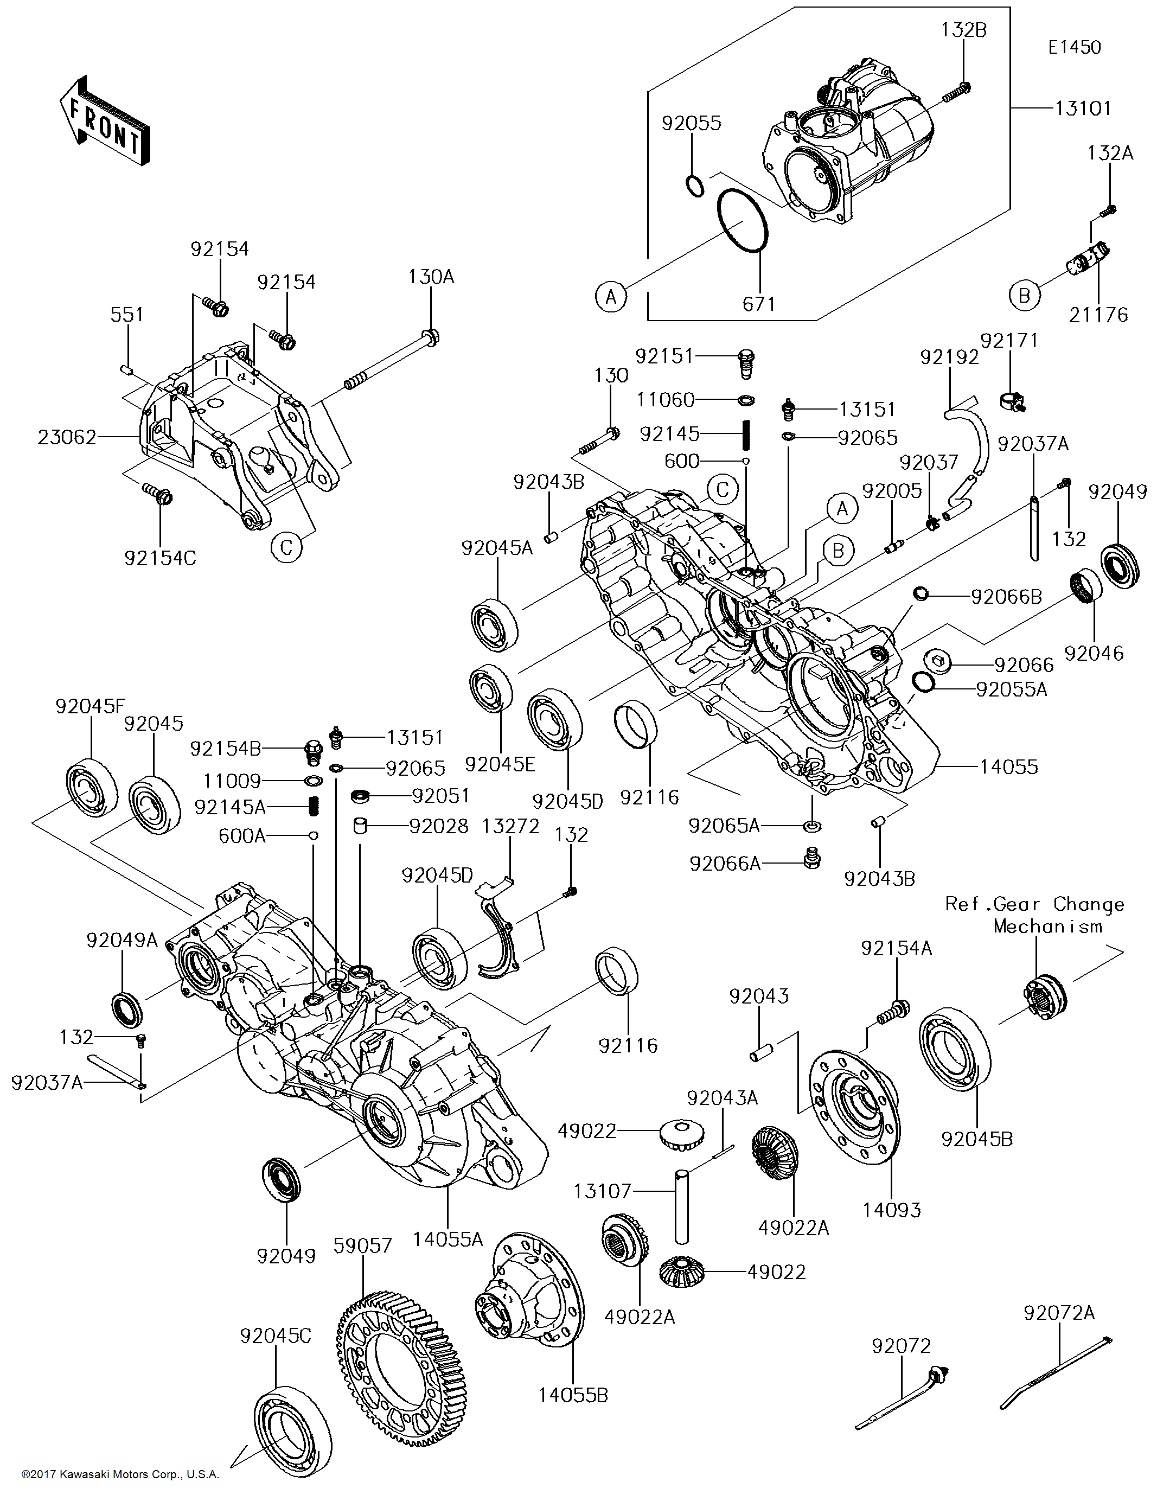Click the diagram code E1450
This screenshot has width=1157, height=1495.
(1074, 47)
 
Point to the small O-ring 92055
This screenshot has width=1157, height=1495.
(694, 186)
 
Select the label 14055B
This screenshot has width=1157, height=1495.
(572, 1394)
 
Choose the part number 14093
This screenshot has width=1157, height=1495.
(891, 1210)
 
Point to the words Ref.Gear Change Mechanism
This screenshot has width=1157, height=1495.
(1034, 915)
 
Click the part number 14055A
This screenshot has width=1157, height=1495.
(448, 1238)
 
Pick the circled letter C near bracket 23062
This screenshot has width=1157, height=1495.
(286, 547)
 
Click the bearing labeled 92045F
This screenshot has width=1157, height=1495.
(92, 787)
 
